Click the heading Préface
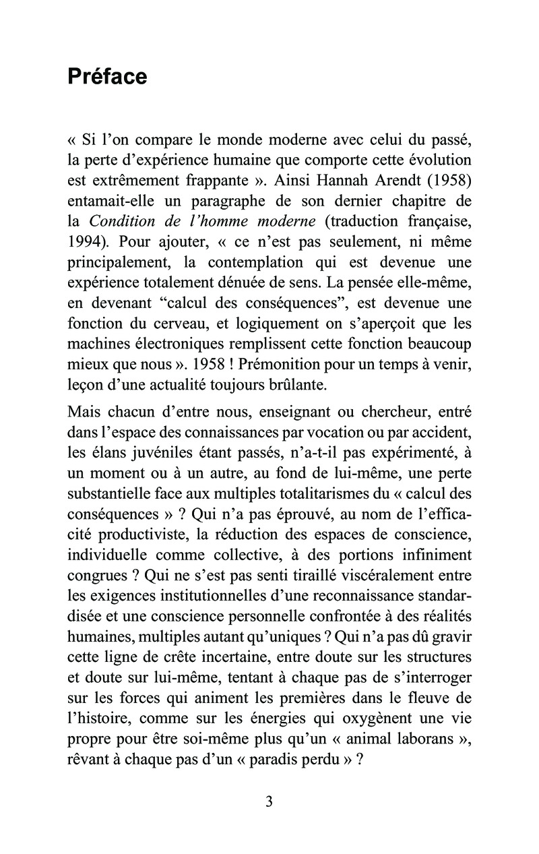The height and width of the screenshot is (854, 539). point(107,77)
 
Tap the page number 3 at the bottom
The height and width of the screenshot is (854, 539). point(269,801)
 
